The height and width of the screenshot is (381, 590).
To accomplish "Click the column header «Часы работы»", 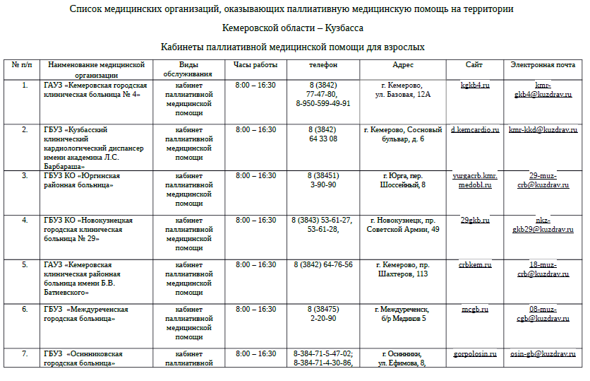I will (x=255, y=65).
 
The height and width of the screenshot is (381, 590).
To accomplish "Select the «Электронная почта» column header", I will (x=543, y=65).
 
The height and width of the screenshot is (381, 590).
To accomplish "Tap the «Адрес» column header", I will (x=403, y=65).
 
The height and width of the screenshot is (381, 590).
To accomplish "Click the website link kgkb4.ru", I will (x=474, y=85).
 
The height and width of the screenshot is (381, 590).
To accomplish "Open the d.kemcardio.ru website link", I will (x=474, y=130).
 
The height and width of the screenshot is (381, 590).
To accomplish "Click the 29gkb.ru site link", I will (x=474, y=221).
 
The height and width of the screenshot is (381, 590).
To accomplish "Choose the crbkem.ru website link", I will (x=474, y=265).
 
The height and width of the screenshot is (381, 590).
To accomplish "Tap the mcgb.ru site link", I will (x=474, y=310).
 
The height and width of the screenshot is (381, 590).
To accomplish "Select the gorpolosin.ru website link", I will (x=474, y=354).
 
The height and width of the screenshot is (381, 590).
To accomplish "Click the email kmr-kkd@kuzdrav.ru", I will (x=543, y=130).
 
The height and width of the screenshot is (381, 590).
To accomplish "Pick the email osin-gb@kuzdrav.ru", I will (x=543, y=354).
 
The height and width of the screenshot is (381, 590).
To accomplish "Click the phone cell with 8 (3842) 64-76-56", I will (x=323, y=265).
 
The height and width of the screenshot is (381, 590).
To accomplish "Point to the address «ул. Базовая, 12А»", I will (x=403, y=94).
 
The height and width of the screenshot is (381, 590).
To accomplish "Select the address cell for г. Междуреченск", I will (x=403, y=314).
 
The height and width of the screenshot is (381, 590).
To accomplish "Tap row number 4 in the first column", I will (x=25, y=221).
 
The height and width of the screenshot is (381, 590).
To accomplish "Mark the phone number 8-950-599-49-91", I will (x=323, y=103).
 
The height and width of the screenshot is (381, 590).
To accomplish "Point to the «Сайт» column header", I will (x=474, y=65).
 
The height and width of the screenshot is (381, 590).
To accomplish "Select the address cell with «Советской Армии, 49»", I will (x=403, y=229).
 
